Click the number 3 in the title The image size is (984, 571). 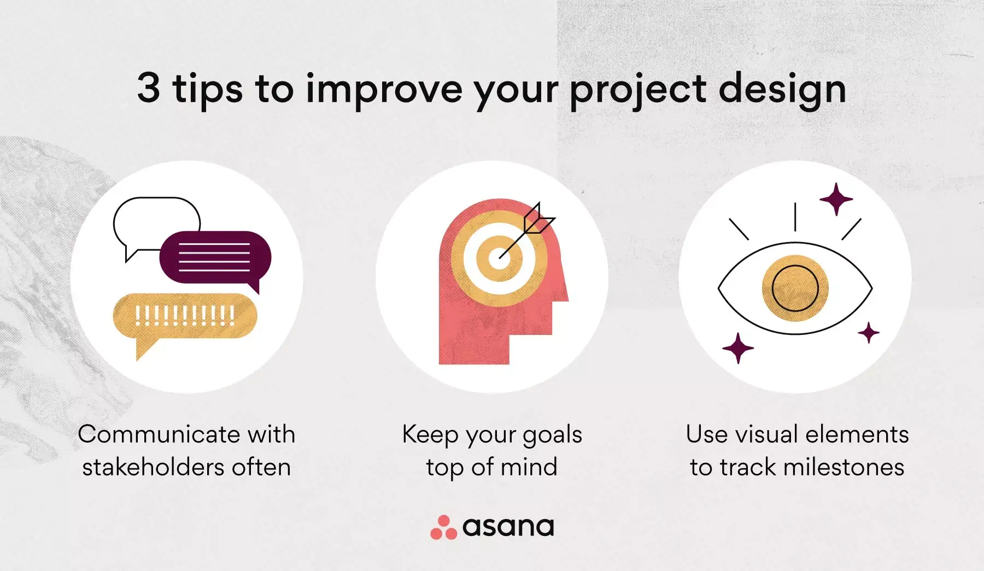pos(149,87)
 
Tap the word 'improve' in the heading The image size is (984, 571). pos(384,91)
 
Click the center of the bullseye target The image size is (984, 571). pos(498,258)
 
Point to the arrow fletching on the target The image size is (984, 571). pos(538,219)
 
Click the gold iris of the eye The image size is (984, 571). pos(795,288)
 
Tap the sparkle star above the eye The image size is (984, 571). pos(836,199)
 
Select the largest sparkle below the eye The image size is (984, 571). pos(738,348)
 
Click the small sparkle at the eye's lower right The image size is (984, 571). pos(868,333)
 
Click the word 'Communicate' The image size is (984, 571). pos(160,434)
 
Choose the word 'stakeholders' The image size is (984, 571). pos(153,467)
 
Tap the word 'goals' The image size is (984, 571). pos(552,436)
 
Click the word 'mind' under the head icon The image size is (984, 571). pos(529,467)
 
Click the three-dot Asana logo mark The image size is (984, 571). pos(443,527)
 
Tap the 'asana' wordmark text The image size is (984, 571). pos(508,527)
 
